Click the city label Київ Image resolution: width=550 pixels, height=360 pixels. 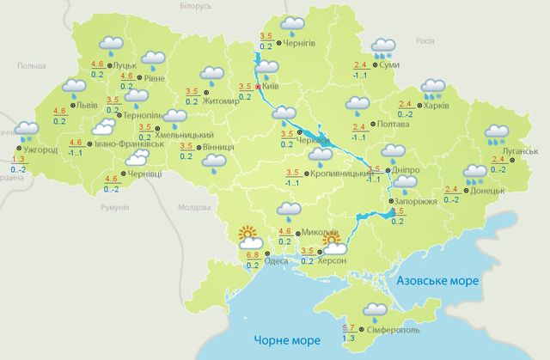point(271,87)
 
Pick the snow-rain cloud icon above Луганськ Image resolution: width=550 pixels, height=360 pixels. point(497,135)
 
